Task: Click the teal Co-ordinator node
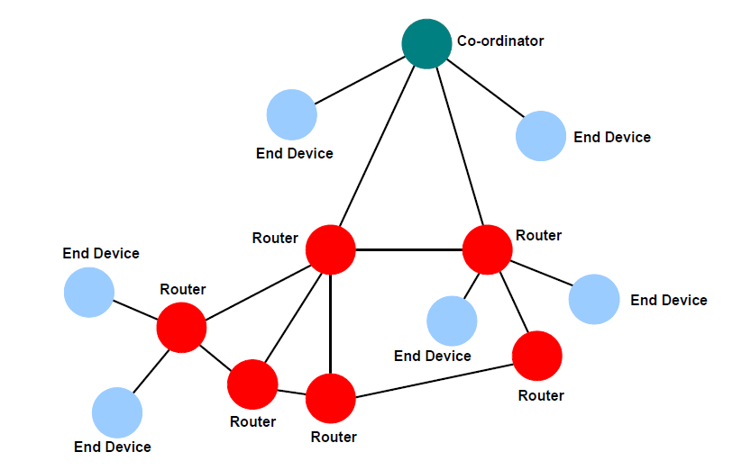426,43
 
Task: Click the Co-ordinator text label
501,41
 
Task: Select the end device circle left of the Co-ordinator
292,114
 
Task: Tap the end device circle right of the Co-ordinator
541,136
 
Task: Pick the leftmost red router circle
182,327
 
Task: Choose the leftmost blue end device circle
89,292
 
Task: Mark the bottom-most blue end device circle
117,412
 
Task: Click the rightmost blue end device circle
594,299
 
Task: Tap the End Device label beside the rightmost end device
669,300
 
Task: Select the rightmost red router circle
537,356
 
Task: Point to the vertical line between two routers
330,324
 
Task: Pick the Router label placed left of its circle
275,238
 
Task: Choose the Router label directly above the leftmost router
183,289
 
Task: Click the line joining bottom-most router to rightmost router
435,382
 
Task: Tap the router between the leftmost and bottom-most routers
252,384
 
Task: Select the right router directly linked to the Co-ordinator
487,249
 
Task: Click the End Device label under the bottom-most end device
113,447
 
